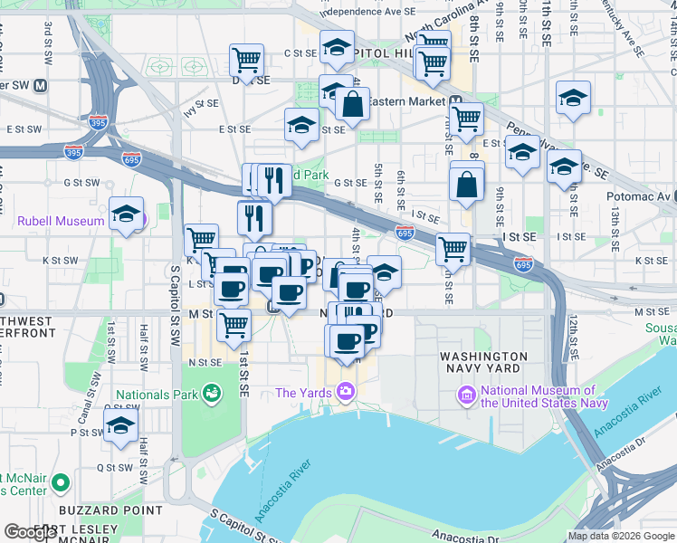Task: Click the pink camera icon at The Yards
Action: click(345, 392)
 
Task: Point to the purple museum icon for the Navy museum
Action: click(467, 395)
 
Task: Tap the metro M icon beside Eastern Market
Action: click(457, 101)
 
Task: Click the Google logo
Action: click(30, 532)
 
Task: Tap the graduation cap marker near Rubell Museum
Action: click(127, 214)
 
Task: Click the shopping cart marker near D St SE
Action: click(246, 61)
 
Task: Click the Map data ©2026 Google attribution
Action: click(622, 536)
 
